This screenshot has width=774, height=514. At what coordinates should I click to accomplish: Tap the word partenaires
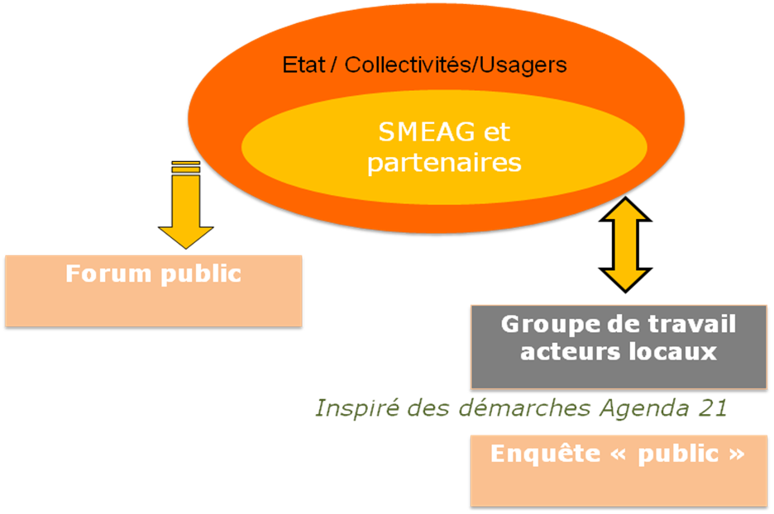(444, 164)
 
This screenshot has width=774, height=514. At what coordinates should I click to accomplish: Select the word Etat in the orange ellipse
(303, 65)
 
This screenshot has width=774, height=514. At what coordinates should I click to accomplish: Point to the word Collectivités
(408, 65)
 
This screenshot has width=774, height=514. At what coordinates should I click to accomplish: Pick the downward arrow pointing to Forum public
(185, 204)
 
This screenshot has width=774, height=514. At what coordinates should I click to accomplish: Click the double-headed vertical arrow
(625, 245)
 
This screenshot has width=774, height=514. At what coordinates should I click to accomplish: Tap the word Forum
(108, 274)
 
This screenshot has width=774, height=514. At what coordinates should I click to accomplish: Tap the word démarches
(524, 408)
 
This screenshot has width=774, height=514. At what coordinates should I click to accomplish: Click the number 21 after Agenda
(713, 408)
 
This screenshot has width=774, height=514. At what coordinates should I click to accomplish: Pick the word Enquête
(546, 453)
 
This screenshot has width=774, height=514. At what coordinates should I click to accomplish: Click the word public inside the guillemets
(678, 455)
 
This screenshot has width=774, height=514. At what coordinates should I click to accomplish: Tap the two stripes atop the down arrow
(185, 167)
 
